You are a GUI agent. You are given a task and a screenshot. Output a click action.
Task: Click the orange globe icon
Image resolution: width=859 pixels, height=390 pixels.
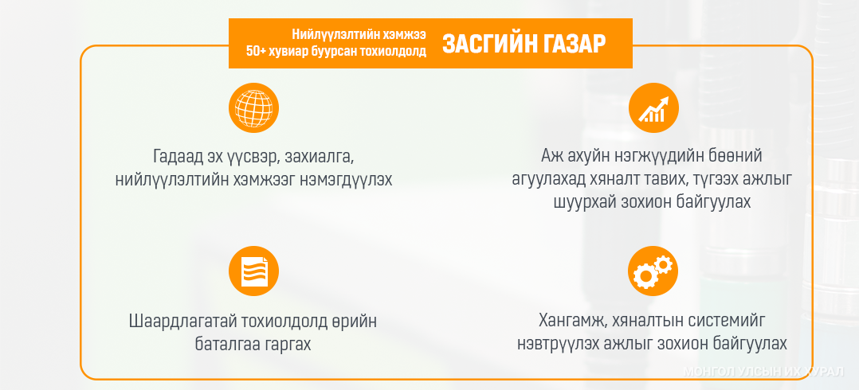(x=253, y=107)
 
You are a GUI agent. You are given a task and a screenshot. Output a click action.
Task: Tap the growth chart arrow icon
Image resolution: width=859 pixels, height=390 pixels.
(x=653, y=107)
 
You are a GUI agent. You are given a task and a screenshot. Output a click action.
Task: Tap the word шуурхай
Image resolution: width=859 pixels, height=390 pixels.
(x=572, y=201)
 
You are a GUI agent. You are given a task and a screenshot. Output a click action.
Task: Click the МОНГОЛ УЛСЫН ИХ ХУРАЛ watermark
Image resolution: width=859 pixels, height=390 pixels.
(x=763, y=372)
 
